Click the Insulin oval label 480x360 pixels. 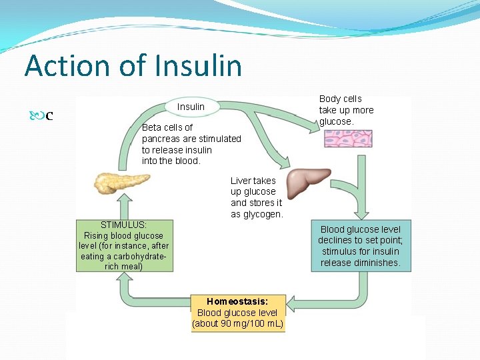pos(192,107)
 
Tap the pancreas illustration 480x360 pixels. pos(122,183)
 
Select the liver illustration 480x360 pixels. pos(308,183)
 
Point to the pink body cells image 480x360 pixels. pos(349,139)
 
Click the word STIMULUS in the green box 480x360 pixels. pos(124,225)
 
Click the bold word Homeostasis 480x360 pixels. pos(237,301)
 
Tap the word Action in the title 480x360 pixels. pos(67,65)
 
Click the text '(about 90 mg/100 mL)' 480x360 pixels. pos(238,323)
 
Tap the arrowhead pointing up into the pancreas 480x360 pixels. pos(125,198)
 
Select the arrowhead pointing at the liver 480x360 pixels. pos(285,163)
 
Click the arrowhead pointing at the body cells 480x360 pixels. pos(314,127)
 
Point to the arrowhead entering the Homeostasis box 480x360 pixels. pos(291,304)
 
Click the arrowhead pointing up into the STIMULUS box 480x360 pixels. pos(125,276)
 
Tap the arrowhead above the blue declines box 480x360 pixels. pos(361,215)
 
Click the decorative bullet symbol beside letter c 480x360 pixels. pos(37,116)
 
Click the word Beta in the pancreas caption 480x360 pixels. pos(152,127)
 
